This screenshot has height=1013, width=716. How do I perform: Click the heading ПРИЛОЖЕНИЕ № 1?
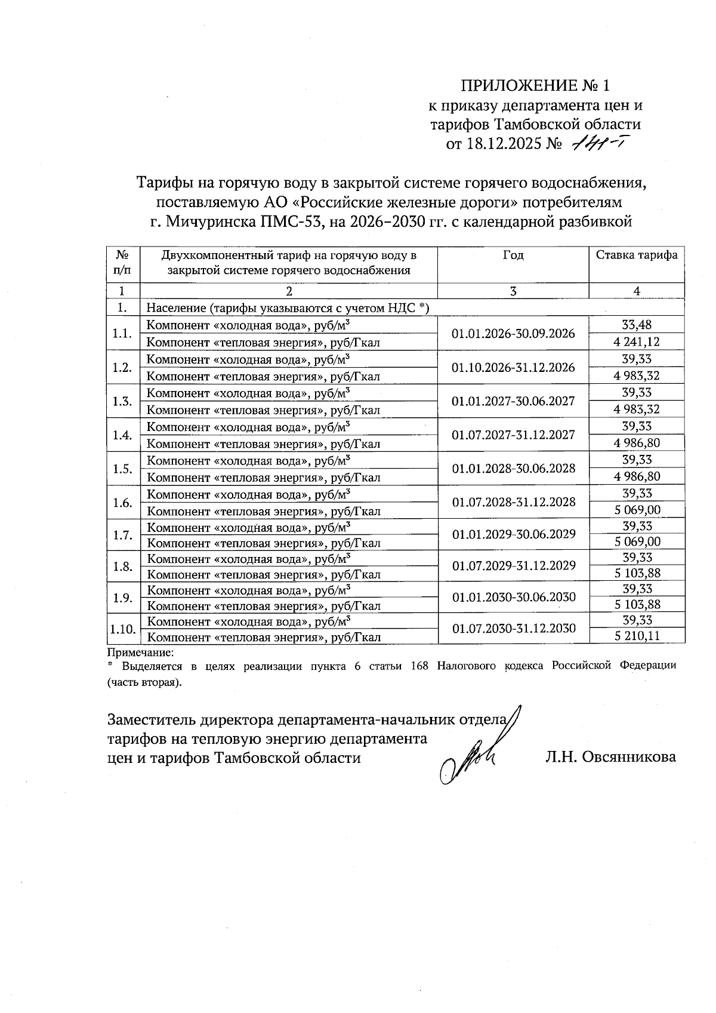535,85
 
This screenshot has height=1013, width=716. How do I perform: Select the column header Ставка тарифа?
637,255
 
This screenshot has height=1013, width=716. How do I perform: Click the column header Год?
513,255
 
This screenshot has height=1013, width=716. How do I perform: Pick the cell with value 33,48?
637,325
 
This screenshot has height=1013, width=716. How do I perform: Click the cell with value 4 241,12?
637,342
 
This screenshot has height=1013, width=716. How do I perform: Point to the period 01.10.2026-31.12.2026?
513,367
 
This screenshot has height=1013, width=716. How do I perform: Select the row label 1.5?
122,469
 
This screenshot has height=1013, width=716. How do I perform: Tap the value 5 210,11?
637,636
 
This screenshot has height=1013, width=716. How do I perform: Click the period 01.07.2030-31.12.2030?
513,628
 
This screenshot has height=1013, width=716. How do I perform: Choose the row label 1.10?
122,629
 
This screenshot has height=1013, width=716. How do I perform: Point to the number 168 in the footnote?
420,666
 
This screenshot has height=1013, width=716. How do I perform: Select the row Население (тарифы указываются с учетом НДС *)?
288,308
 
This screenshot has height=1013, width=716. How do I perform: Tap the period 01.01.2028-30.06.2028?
513,468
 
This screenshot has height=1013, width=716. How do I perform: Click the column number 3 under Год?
513,291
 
